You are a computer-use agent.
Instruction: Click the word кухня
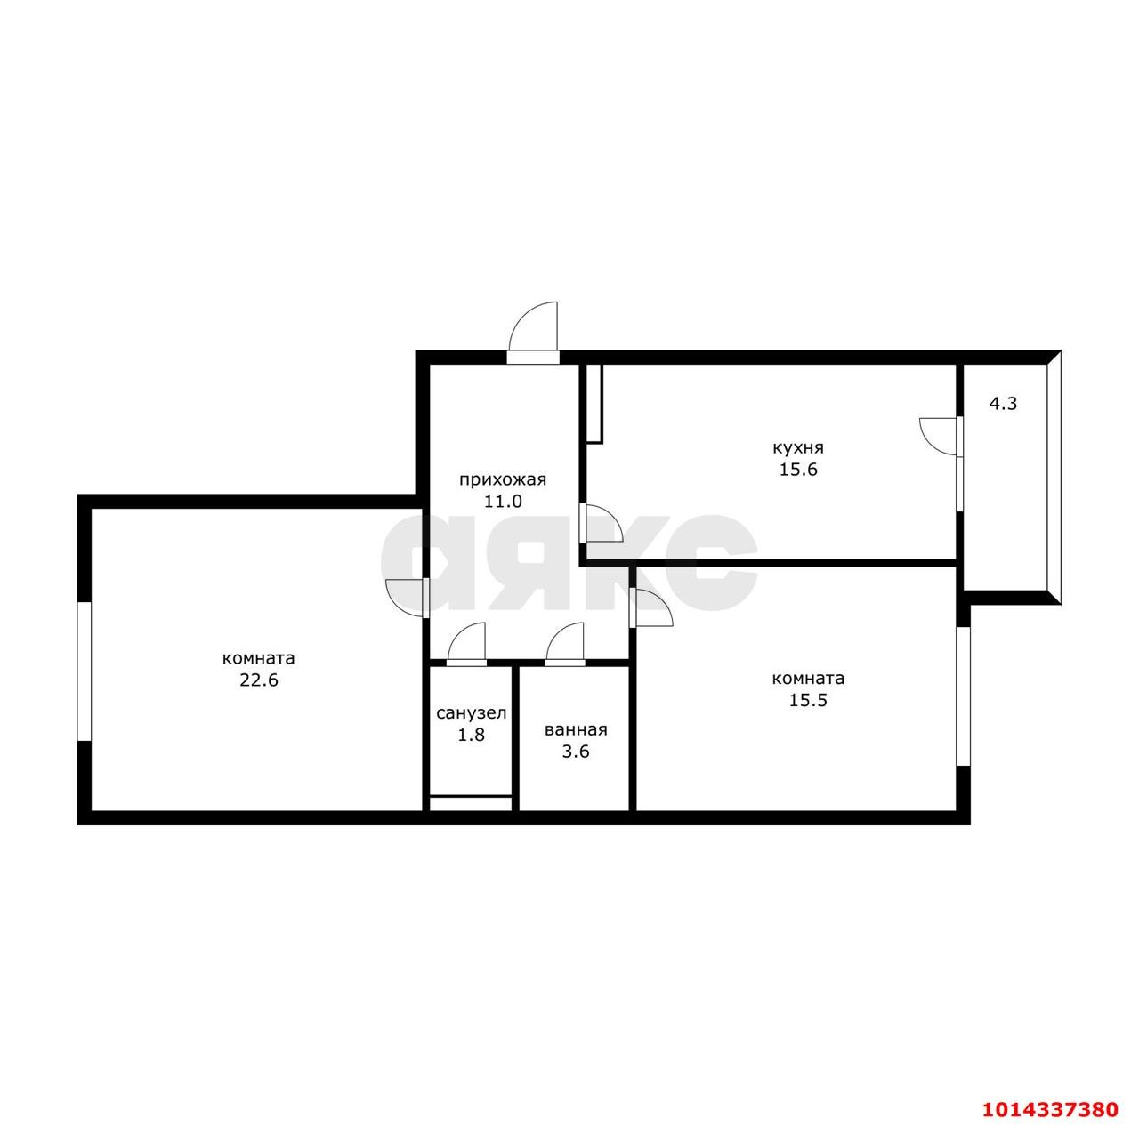(x=798, y=447)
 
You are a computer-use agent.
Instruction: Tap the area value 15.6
(x=798, y=470)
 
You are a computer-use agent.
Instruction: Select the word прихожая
(x=502, y=479)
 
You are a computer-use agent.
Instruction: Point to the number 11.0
(x=502, y=502)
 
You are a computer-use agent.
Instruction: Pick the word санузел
(x=471, y=712)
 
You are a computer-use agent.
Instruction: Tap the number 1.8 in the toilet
(x=471, y=735)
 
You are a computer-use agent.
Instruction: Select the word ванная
(x=576, y=729)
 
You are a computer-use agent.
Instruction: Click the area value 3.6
(x=576, y=752)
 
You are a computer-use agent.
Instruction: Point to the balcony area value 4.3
(x=1003, y=403)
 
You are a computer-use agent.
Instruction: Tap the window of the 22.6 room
(x=85, y=671)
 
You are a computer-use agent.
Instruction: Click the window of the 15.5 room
(x=963, y=696)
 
